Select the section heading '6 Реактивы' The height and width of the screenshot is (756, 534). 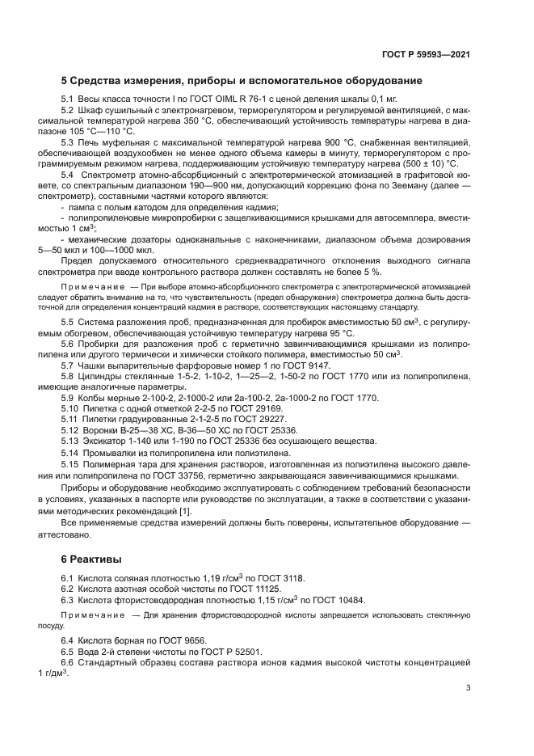(91, 559)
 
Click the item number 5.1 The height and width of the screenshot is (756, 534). (68, 99)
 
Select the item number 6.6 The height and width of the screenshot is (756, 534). (68, 662)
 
